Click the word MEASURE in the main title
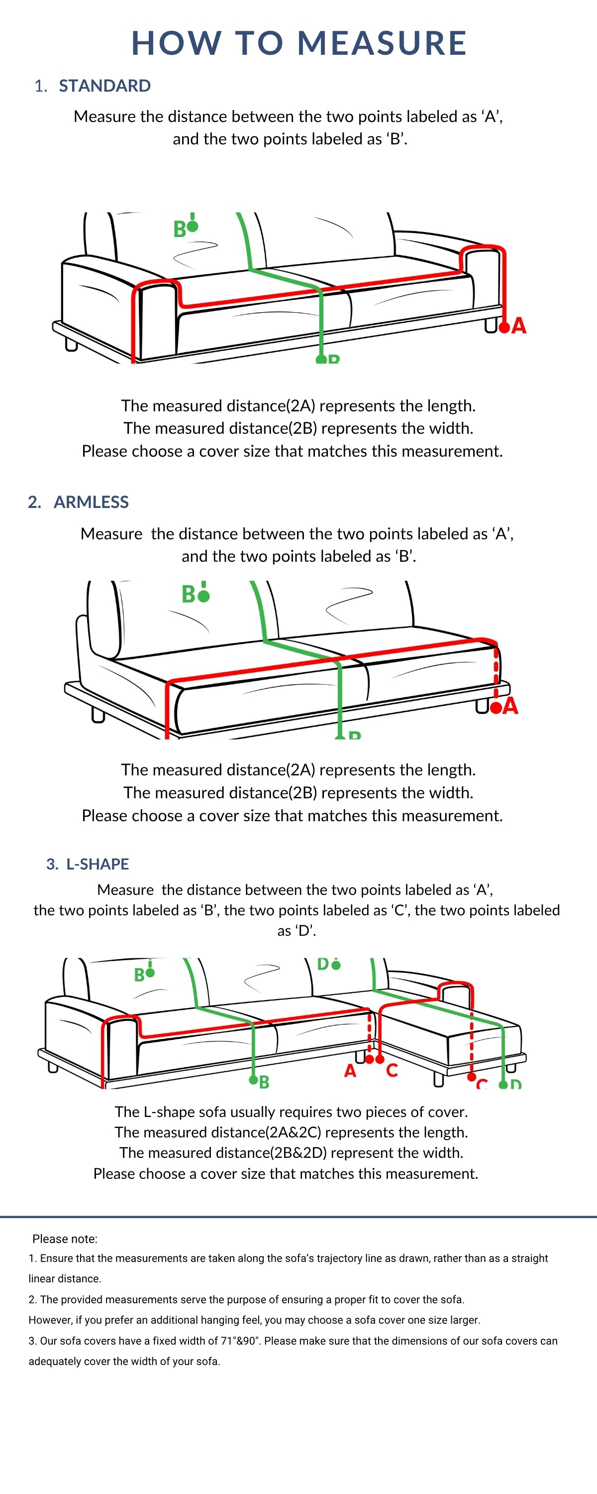[382, 43]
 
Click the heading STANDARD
[104, 86]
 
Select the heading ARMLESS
[91, 502]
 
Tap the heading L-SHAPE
[98, 864]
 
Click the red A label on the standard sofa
[519, 326]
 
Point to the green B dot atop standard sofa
[193, 226]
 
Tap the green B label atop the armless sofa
[189, 595]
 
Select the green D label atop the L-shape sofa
[323, 964]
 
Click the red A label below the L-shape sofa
[350, 1071]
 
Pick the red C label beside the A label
[392, 1071]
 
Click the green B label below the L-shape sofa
[264, 1082]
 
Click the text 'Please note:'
[65, 1239]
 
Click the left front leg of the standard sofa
[71, 345]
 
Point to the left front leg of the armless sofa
[99, 716]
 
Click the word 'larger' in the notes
[464, 1320]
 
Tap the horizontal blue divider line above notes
[298, 1216]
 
